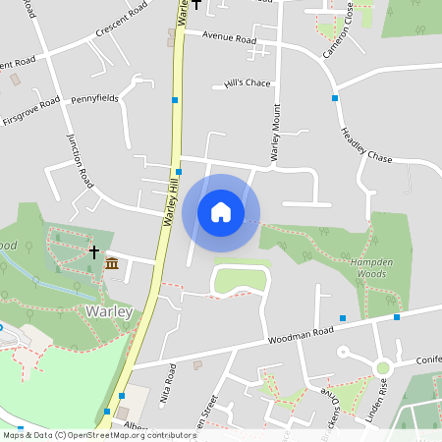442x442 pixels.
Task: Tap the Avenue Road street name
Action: point(229,39)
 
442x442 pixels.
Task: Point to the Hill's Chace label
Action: point(247,83)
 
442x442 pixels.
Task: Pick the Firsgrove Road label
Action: point(31,110)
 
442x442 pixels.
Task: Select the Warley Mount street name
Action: point(276,133)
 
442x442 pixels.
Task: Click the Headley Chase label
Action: point(365,144)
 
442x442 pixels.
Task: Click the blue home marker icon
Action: point(221,213)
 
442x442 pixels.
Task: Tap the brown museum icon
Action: point(112,263)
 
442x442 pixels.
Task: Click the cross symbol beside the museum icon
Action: point(94,252)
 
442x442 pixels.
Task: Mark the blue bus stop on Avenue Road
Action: point(335,98)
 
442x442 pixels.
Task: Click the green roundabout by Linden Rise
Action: point(383,367)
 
